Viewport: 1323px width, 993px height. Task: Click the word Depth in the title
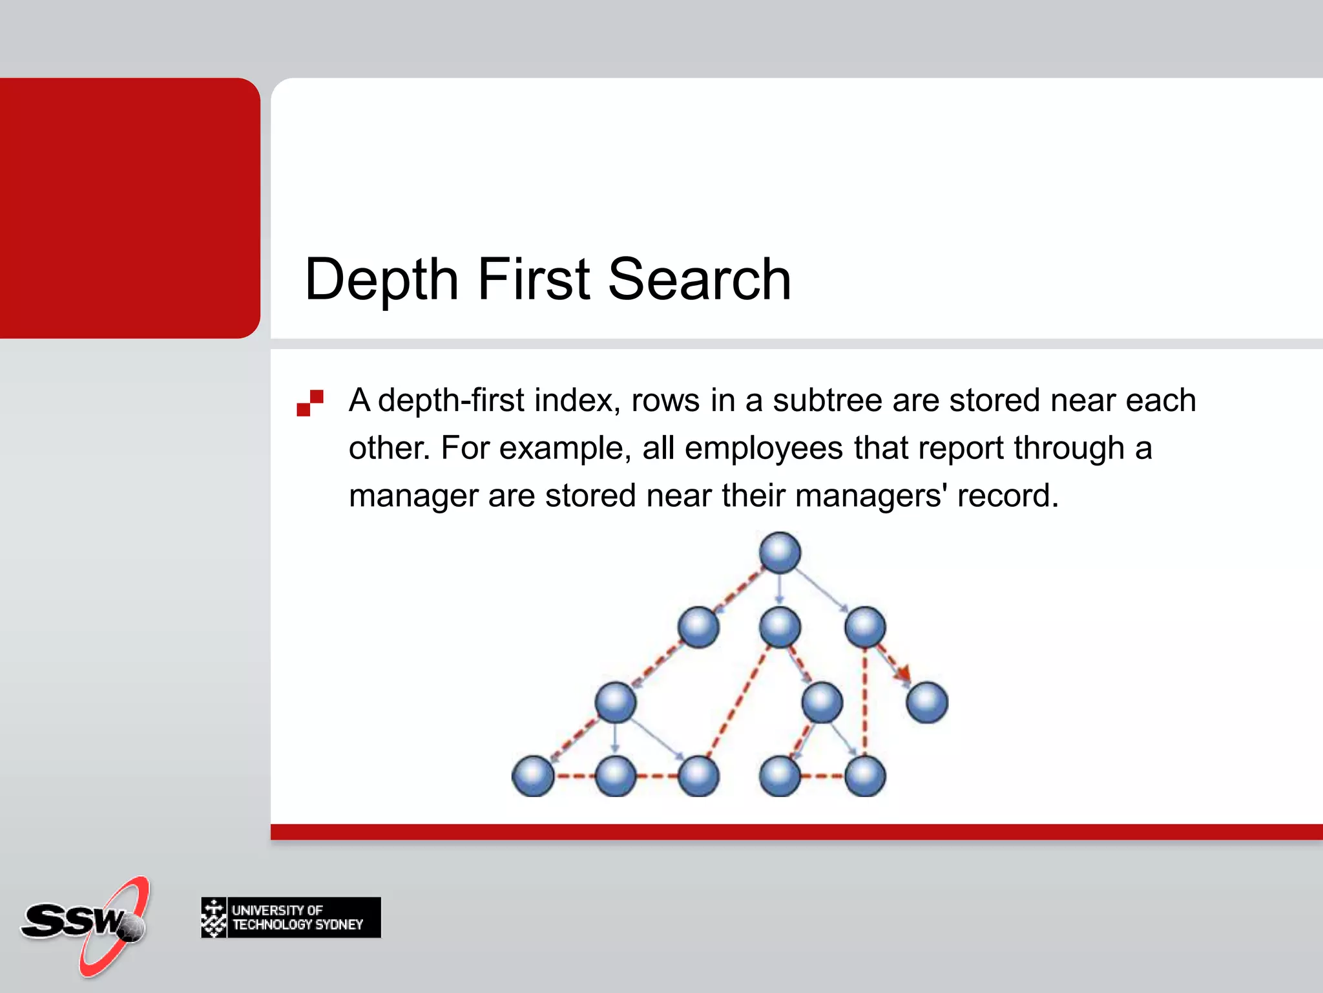click(x=381, y=279)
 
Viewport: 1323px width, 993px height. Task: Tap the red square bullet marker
click(x=310, y=402)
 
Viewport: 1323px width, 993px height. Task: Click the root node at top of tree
click(x=780, y=553)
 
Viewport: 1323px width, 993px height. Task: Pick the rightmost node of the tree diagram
click(x=927, y=702)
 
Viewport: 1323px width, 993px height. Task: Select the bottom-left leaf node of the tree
click(x=533, y=776)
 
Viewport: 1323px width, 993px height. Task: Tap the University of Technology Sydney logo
click(x=291, y=917)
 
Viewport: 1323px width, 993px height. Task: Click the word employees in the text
click(x=764, y=448)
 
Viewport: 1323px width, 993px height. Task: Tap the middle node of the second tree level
click(x=780, y=627)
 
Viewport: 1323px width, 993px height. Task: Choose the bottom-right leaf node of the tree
click(x=865, y=776)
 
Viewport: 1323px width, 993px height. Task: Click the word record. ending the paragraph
click(x=1008, y=496)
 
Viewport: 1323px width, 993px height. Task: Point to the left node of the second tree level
click(x=698, y=627)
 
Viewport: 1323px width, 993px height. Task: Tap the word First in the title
click(x=534, y=279)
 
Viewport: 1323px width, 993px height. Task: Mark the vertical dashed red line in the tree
click(x=865, y=705)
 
